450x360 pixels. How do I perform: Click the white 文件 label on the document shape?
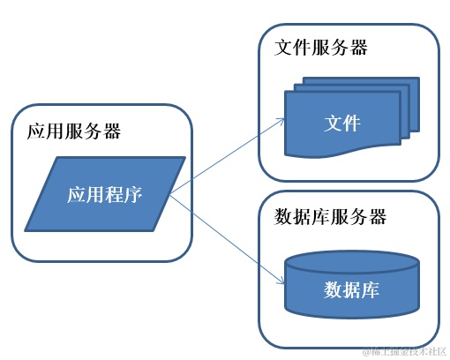(x=342, y=123)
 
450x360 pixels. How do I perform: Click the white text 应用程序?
(x=105, y=195)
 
